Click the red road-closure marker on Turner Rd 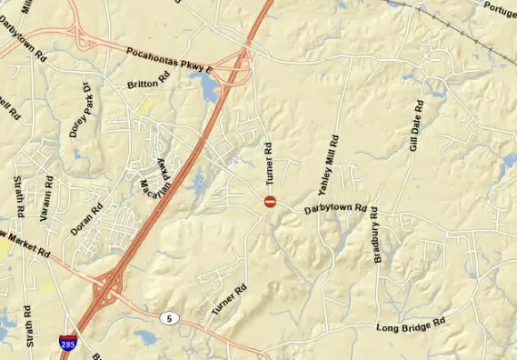[x=269, y=201]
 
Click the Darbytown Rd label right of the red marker [x=335, y=209]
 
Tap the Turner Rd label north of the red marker [x=269, y=160]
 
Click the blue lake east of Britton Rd [x=208, y=87]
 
